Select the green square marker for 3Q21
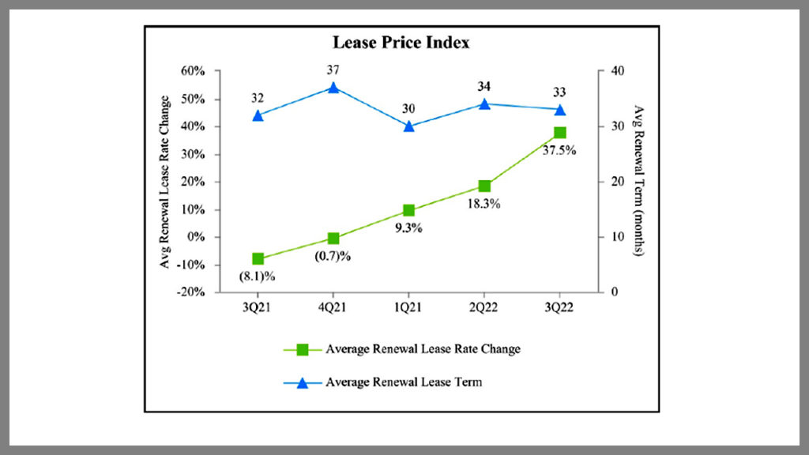click(x=258, y=259)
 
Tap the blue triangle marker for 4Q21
click(x=333, y=88)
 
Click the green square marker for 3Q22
click(x=559, y=133)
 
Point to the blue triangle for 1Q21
click(x=408, y=126)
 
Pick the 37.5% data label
click(x=559, y=150)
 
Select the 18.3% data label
click(x=484, y=204)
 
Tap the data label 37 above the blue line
click(x=333, y=70)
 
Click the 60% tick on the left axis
click(x=193, y=71)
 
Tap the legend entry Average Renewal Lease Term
click(x=404, y=382)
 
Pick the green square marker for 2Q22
click(x=484, y=186)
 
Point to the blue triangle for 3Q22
click(x=559, y=109)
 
